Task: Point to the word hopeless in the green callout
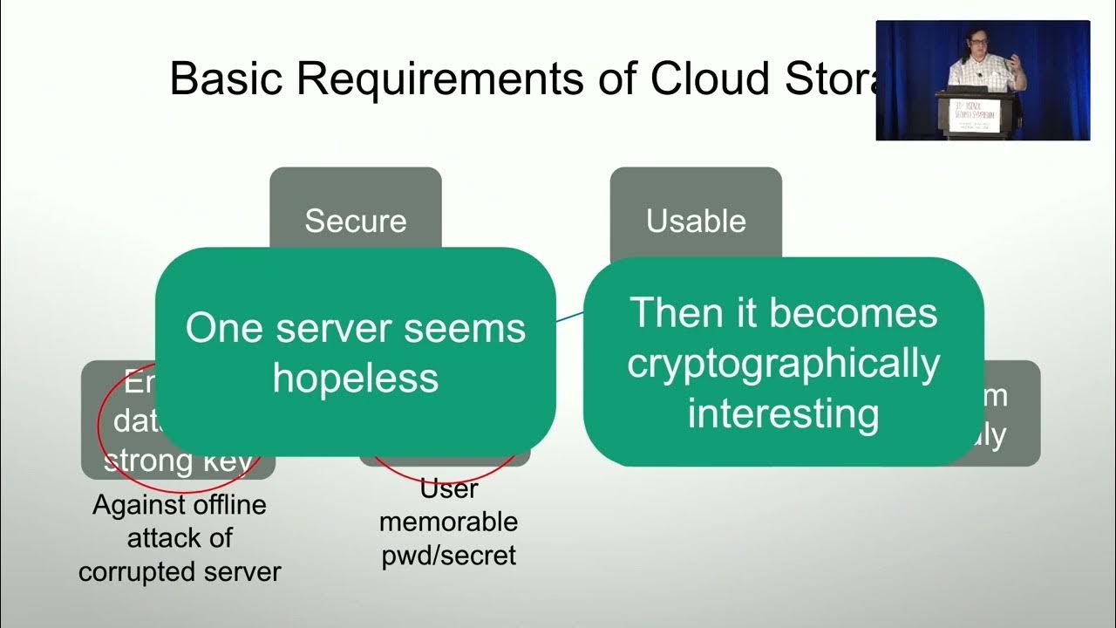355,379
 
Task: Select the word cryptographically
783,363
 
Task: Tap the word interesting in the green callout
783,413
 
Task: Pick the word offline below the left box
228,505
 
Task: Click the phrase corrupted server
180,571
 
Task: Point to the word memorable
449,522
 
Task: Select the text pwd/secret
449,555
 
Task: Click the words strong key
180,460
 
